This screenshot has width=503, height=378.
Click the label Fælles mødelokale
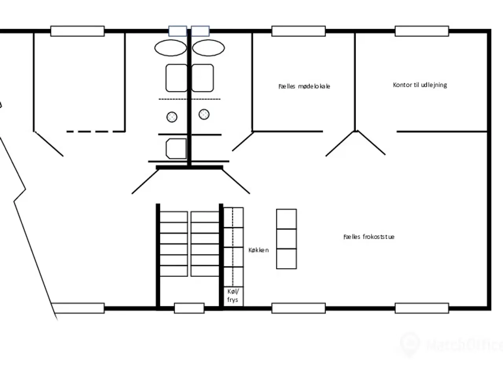[304, 86]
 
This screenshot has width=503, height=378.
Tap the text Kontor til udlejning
[420, 85]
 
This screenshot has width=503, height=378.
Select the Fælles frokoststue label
[369, 237]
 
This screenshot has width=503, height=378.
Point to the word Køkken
[258, 250]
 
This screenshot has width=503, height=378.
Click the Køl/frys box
[233, 296]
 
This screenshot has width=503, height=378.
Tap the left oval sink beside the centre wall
[171, 48]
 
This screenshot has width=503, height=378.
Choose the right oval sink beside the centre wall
[208, 48]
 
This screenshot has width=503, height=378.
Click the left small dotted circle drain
[172, 117]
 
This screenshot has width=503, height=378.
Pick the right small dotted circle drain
[204, 114]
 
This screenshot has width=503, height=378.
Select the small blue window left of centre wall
[178, 31]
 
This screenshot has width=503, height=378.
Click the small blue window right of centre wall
[200, 31]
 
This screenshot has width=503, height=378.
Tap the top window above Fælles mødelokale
[298, 31]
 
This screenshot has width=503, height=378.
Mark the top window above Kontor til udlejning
[422, 31]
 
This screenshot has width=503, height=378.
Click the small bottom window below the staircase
[189, 308]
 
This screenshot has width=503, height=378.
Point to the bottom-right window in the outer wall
[422, 308]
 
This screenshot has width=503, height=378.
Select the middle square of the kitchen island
[286, 239]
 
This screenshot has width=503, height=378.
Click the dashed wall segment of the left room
[96, 132]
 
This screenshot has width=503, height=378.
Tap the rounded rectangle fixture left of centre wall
[176, 78]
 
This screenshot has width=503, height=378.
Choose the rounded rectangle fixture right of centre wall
[202, 78]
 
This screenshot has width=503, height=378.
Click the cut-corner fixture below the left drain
[176, 148]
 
